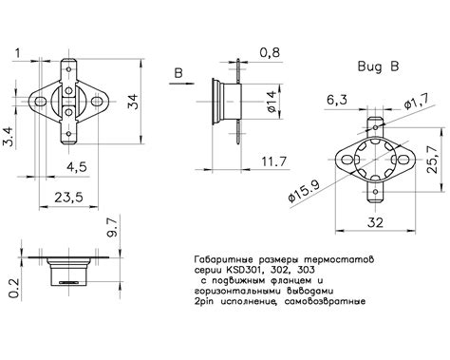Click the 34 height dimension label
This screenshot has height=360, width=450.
click(134, 102)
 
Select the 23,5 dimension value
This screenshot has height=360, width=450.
click(69, 198)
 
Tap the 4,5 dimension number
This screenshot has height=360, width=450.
click(76, 166)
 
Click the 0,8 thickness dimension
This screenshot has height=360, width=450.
click(270, 52)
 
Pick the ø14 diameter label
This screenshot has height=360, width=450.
click(272, 102)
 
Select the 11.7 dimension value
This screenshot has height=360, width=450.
click(274, 161)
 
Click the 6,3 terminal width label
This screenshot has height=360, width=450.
click(337, 100)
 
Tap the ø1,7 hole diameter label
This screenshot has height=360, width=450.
click(417, 103)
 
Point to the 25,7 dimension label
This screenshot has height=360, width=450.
click(432, 160)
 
